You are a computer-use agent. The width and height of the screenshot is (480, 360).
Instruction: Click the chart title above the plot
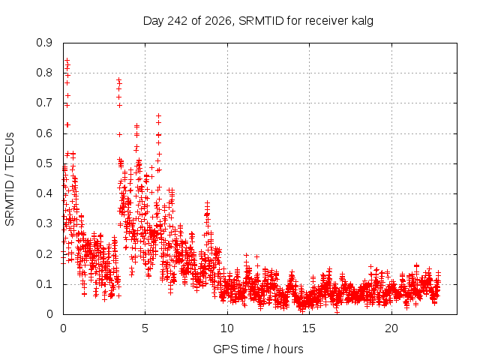point(258,21)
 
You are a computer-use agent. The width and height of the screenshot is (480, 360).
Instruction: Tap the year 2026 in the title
point(218,21)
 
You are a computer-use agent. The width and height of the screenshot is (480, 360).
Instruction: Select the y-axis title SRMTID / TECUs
point(10,179)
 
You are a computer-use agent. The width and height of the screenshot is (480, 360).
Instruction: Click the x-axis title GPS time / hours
point(258,349)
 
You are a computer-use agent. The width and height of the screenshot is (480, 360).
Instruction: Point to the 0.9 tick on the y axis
point(44,43)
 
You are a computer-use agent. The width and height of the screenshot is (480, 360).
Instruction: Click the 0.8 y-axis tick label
point(44,73)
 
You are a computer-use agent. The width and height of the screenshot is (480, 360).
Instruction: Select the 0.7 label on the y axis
point(44,103)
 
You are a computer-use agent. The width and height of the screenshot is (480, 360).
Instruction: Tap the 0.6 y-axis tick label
point(44,133)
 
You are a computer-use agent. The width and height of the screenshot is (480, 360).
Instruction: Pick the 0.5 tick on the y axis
point(44,163)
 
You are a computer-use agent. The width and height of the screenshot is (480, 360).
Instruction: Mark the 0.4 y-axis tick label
point(44,193)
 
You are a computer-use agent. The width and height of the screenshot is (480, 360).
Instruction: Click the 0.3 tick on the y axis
point(44,223)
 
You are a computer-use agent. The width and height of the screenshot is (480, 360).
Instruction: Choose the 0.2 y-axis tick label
point(44,253)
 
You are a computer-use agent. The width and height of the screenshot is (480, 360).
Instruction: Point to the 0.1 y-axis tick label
point(44,284)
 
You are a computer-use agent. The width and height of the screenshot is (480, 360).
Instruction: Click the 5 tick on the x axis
point(145,328)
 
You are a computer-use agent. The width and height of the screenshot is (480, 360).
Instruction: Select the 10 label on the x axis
point(227,328)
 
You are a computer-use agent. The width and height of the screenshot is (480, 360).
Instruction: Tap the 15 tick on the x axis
point(309,328)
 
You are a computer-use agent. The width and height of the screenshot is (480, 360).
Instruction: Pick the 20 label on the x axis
point(391,328)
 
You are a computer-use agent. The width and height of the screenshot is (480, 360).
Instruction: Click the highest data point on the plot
point(67,60)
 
